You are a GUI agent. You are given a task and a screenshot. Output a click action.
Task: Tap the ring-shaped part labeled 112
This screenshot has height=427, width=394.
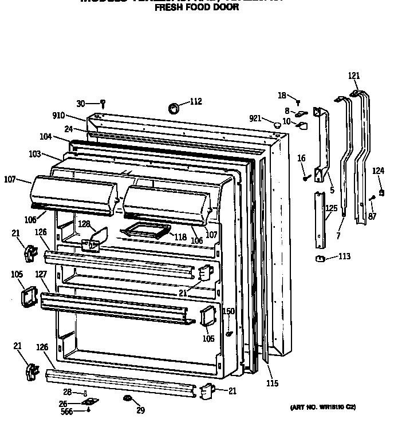174,108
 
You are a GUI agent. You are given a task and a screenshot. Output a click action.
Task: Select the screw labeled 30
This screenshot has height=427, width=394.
103,104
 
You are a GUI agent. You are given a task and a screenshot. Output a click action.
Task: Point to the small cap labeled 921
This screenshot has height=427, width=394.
277,123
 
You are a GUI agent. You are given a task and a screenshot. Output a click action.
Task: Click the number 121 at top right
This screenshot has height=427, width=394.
354,76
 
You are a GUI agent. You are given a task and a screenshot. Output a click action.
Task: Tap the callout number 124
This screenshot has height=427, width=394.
379,170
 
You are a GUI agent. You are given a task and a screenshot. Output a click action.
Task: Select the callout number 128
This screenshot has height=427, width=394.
84,223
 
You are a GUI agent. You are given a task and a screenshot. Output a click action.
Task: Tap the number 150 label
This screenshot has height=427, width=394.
228,311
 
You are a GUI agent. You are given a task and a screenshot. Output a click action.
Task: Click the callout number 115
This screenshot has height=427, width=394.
272,383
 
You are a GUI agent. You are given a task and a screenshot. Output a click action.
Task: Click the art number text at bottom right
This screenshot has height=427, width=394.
322,407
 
